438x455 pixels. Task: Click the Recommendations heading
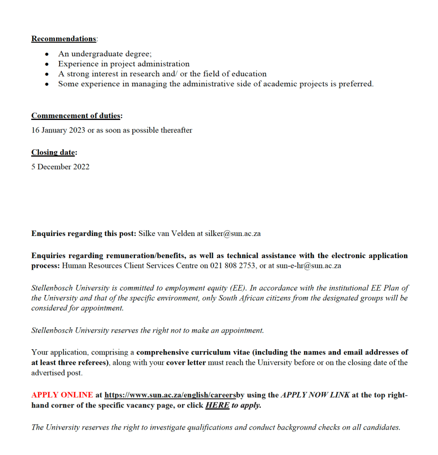click(x=64, y=39)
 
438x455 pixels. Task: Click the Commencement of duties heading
click(x=76, y=116)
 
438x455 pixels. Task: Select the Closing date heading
click(x=53, y=152)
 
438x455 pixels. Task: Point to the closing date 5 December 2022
click(x=60, y=167)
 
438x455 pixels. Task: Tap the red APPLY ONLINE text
click(x=62, y=395)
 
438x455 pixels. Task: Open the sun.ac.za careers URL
click(x=170, y=395)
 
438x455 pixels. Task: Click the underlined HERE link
click(x=217, y=405)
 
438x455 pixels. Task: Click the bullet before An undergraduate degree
click(x=47, y=54)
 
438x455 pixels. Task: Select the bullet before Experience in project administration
click(x=47, y=64)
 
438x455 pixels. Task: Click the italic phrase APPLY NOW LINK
click(x=315, y=395)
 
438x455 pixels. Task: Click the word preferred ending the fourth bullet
click(x=356, y=84)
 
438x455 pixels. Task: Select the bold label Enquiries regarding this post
click(x=84, y=234)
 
